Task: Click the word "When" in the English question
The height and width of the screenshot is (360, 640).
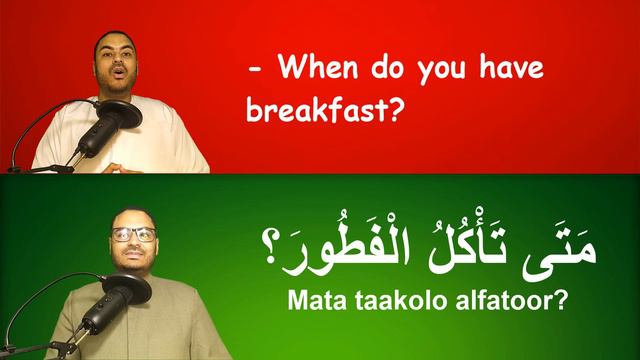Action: [x=316, y=69]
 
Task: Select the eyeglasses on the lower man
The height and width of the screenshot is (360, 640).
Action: [x=133, y=234]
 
